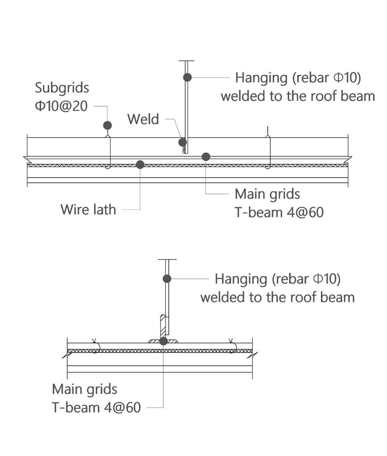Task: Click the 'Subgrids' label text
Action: pos(62,88)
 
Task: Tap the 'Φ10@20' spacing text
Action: pos(61,106)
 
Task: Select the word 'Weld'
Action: pos(143,119)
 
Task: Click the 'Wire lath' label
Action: pos(88,209)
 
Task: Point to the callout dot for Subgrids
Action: pos(107,125)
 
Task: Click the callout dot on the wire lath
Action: pos(140,164)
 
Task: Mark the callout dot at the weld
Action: pos(183,142)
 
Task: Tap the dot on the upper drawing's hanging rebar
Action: pos(187,77)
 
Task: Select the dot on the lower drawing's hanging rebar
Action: pos(167,279)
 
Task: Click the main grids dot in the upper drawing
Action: pos(206,157)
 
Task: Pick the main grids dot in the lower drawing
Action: pos(163,341)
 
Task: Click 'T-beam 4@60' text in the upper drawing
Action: pos(279,212)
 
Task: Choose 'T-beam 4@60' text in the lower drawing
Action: pos(96,407)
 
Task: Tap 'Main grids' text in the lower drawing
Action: pos(85,389)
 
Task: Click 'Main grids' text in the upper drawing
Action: pos(267,194)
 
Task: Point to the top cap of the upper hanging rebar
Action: pos(187,61)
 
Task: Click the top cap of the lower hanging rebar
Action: pos(167,260)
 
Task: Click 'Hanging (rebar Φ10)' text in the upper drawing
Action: pos(298,77)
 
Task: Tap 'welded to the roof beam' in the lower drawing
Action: pos(277,297)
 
